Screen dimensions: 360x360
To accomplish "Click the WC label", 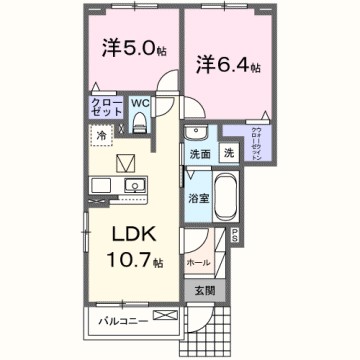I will [140, 102].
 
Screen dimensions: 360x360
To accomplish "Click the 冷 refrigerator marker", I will [101, 132].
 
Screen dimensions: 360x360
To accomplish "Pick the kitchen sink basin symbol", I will [132, 186].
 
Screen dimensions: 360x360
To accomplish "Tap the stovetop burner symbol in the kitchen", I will [102, 186].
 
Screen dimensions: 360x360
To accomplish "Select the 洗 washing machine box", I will [228, 154].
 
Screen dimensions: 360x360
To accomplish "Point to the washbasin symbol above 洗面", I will [195, 134].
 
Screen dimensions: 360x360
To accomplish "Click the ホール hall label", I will [198, 261].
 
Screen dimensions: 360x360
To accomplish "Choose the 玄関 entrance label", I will [202, 291].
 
